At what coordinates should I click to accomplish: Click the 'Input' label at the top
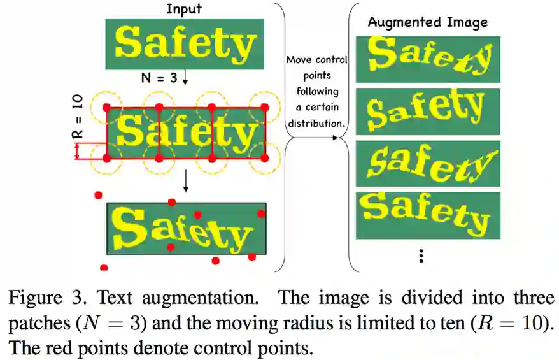(x=185, y=9)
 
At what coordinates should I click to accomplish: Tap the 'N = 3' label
(x=159, y=78)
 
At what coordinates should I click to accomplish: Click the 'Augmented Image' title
(x=427, y=22)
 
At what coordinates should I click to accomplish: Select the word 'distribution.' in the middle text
(x=316, y=122)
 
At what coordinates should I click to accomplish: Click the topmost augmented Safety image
(x=428, y=59)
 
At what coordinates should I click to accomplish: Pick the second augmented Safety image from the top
(x=428, y=111)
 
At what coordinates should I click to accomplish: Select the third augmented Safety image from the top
(x=428, y=163)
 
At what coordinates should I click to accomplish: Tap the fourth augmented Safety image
(x=428, y=215)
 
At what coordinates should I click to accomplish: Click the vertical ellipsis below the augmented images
(x=421, y=256)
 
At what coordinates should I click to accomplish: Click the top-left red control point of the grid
(x=106, y=107)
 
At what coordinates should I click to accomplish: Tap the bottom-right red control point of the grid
(x=265, y=157)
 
